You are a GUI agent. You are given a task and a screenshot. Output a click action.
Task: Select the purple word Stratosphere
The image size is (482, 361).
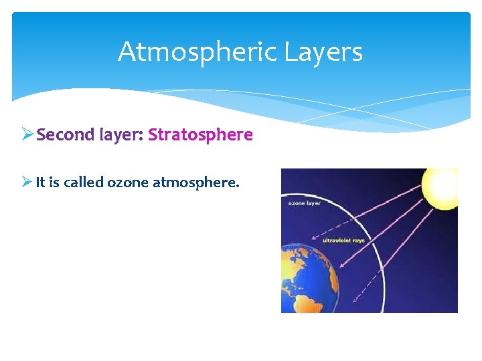tap(200, 135)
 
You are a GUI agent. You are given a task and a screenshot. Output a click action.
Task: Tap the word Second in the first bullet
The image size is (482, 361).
tap(66, 135)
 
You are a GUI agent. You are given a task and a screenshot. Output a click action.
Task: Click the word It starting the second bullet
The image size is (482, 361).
tap(40, 182)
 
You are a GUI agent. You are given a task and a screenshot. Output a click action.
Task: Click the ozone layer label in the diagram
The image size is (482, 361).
tap(305, 203)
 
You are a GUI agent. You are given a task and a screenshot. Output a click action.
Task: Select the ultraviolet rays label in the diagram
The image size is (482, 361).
tap(343, 240)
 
